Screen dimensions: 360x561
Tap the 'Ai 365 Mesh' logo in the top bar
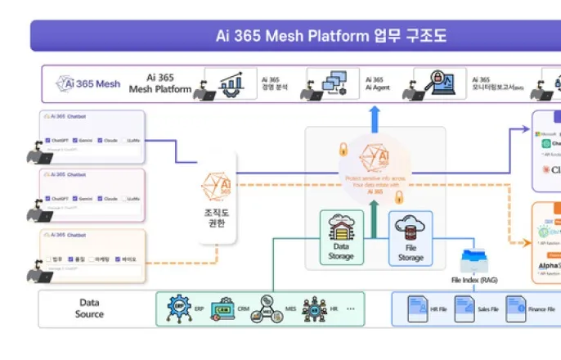coord(88,83)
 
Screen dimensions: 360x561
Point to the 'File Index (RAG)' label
coord(474,280)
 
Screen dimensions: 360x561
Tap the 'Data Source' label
coord(90,308)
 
